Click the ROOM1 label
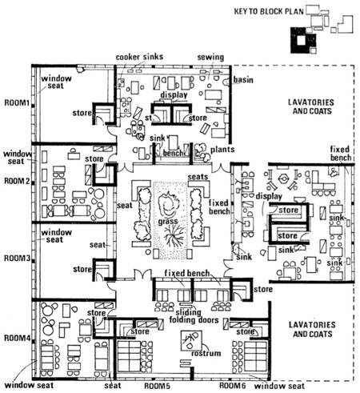click(16, 102)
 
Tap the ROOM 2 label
click(17, 181)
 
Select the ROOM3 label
click(17, 259)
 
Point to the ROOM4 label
click(17, 338)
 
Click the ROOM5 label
click(157, 386)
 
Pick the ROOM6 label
click(232, 386)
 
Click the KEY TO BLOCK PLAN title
click(269, 11)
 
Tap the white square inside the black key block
click(301, 41)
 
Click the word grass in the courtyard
click(168, 222)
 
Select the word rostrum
click(206, 353)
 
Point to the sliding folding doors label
click(194, 316)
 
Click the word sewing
click(210, 57)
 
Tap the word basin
click(243, 80)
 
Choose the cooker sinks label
click(139, 57)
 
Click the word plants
click(222, 150)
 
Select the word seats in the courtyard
click(198, 177)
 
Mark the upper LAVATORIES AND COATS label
click(312, 106)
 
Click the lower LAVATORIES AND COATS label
click(312, 329)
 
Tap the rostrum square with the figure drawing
click(191, 341)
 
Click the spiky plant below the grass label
click(174, 235)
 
